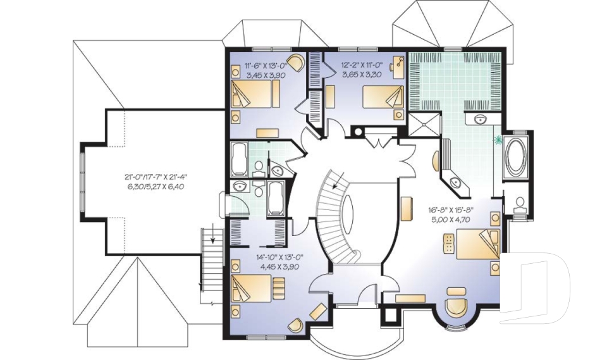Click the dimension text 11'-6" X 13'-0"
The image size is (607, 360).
pyautogui.click(x=266, y=65)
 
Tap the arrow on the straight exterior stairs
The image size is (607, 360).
pyautogui.click(x=214, y=240)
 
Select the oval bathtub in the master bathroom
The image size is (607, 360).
pyautogui.click(x=517, y=155)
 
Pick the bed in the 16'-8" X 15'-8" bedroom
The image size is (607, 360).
pyautogui.click(x=477, y=244)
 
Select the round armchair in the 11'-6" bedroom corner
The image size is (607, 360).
pyautogui.click(x=298, y=64)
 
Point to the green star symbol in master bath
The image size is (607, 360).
pyautogui.click(x=499, y=138)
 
